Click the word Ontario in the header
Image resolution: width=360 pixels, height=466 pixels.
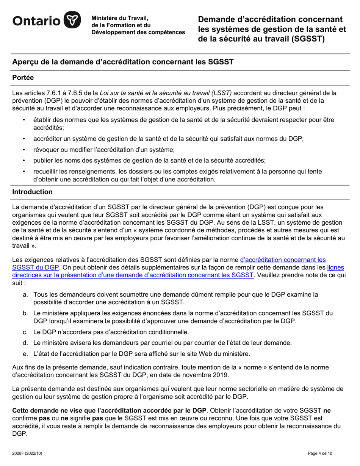pyautogui.click(x=36, y=21)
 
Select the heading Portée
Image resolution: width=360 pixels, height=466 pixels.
pyautogui.click(x=23, y=78)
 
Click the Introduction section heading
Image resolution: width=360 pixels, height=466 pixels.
pyautogui.click(x=33, y=192)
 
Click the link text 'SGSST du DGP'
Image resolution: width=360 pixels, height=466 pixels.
pyautogui.click(x=36, y=267)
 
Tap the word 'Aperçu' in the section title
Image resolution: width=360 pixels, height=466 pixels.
pyautogui.click(x=26, y=61)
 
